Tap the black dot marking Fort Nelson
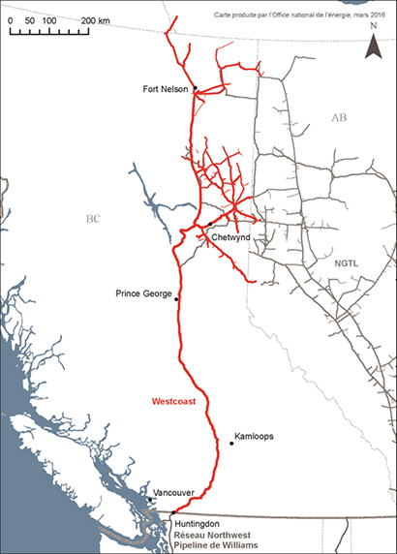coord(195,88)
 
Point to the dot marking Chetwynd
coord(209,223)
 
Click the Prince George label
coord(143,292)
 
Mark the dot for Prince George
coord(176,299)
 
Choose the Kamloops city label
coord(255,437)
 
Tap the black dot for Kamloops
coord(232,444)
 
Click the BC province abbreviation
coord(93,219)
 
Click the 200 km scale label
coord(95,19)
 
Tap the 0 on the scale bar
coord(11,19)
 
